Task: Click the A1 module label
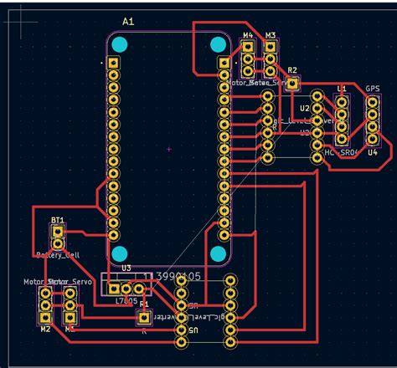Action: click(x=128, y=20)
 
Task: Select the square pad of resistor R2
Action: click(x=291, y=83)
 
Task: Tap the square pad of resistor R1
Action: click(x=143, y=317)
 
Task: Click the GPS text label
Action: click(x=374, y=89)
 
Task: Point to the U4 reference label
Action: click(x=373, y=152)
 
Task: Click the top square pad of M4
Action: click(x=248, y=48)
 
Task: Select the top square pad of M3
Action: click(x=271, y=48)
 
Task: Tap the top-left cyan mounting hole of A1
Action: click(x=121, y=43)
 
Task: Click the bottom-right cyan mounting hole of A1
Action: click(x=219, y=253)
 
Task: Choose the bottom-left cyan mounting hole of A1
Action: click(x=121, y=253)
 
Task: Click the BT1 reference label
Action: click(x=57, y=220)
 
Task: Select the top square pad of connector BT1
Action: click(x=57, y=231)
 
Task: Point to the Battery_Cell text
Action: click(x=56, y=254)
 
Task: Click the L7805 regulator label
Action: click(x=126, y=299)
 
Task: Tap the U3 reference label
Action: click(x=126, y=268)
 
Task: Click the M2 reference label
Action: click(x=45, y=330)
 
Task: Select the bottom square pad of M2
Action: click(x=45, y=318)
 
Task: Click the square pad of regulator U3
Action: click(x=115, y=288)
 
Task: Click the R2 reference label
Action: click(x=292, y=70)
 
